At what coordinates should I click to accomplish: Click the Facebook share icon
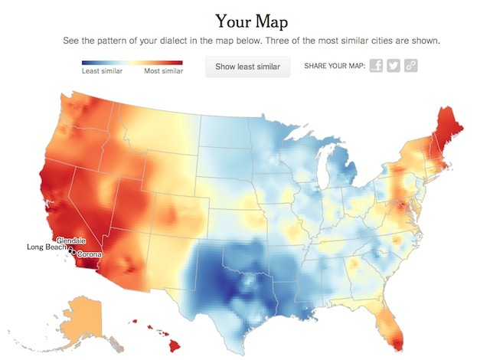[376, 66]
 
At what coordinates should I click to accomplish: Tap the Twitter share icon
[394, 66]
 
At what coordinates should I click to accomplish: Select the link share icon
[411, 66]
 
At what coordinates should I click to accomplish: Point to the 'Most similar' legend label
[164, 71]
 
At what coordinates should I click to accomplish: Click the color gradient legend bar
[132, 61]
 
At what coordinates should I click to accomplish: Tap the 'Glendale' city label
[71, 241]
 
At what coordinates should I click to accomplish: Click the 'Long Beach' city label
[47, 247]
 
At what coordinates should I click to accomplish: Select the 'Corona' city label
[90, 254]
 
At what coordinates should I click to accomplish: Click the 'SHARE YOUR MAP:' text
[333, 67]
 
